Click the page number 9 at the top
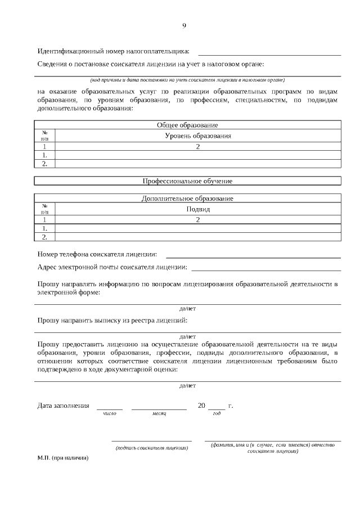(184, 25)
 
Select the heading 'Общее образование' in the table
(187, 125)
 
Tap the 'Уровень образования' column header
(198, 136)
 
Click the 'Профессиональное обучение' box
(187, 181)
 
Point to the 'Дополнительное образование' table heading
(187, 199)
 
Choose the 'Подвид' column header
(198, 209)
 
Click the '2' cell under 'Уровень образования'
(198, 146)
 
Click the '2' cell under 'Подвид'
(198, 220)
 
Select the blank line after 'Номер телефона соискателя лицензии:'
(253, 257)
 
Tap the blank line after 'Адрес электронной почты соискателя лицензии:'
(265, 270)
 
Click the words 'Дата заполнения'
(64, 406)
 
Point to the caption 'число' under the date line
(109, 414)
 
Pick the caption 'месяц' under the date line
(159, 414)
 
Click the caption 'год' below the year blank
(217, 414)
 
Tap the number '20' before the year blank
(202, 406)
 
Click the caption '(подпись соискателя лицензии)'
(151, 448)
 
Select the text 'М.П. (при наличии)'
(63, 458)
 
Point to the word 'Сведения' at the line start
(52, 65)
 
